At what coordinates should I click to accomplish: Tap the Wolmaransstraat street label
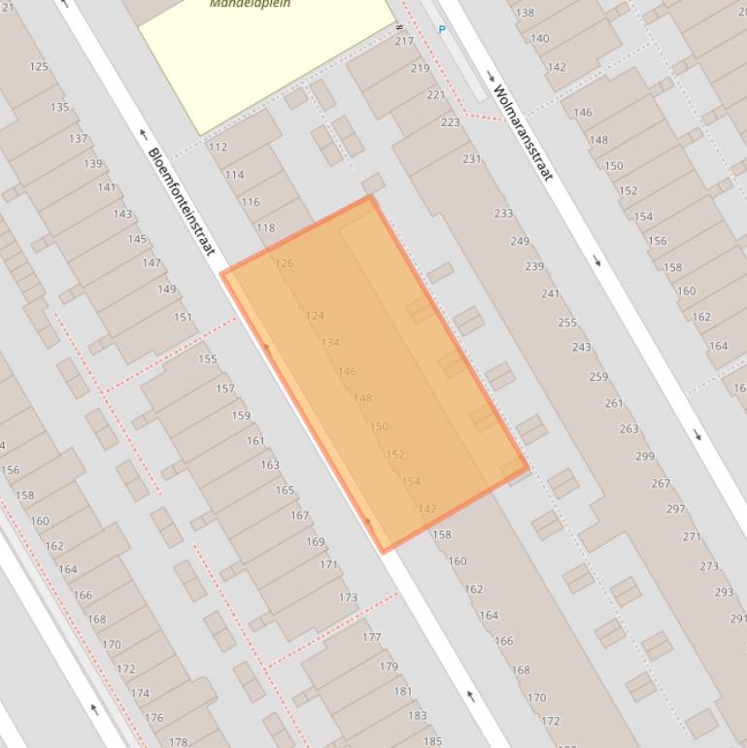pyautogui.click(x=523, y=133)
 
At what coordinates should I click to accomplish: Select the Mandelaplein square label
pyautogui.click(x=250, y=4)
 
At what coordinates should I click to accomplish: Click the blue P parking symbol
pyautogui.click(x=442, y=30)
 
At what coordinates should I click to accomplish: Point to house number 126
pyautogui.click(x=284, y=263)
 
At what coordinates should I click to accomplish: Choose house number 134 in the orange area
pyautogui.click(x=330, y=343)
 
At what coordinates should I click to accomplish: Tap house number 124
pyautogui.click(x=315, y=316)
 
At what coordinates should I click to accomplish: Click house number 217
pyautogui.click(x=404, y=41)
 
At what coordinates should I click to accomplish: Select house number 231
pyautogui.click(x=472, y=159)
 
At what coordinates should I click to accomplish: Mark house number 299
pyautogui.click(x=645, y=457)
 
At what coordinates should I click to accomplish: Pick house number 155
pyautogui.click(x=208, y=359)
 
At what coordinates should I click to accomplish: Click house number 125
pyautogui.click(x=39, y=67)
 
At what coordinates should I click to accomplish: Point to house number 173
pyautogui.click(x=348, y=598)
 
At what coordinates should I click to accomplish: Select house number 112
pyautogui.click(x=218, y=148)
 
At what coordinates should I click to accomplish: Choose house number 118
pyautogui.click(x=265, y=228)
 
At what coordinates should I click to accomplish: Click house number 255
pyautogui.click(x=567, y=323)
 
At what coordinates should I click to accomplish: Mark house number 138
pyautogui.click(x=525, y=14)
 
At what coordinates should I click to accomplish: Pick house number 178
pyautogui.click(x=178, y=742)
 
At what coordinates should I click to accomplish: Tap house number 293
pyautogui.click(x=724, y=593)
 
